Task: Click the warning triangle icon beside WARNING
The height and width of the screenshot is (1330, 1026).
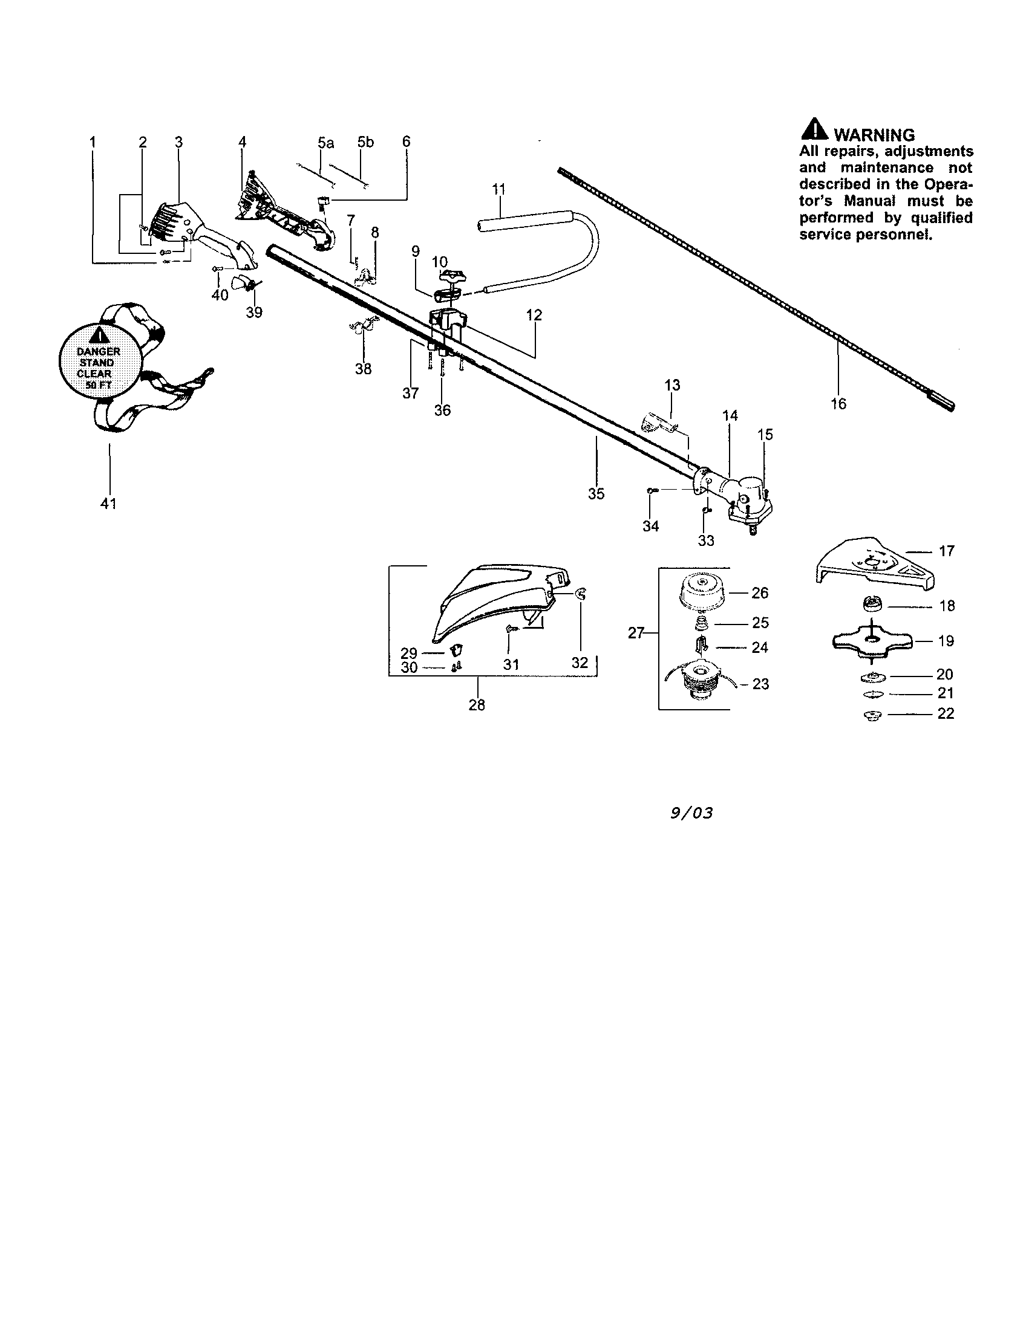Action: [x=814, y=131]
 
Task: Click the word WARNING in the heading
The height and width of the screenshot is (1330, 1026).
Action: [x=874, y=135]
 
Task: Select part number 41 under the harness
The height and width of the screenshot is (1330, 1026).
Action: [x=108, y=504]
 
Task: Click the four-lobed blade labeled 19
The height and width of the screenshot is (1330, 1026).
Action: [x=872, y=641]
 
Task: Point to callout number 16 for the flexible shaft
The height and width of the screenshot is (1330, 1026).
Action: [x=838, y=404]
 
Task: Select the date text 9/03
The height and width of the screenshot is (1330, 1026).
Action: [x=691, y=813]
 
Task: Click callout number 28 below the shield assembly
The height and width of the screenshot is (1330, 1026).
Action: [x=477, y=704]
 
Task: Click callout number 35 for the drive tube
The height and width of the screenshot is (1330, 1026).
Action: [x=596, y=494]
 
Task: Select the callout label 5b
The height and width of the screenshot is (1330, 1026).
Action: [x=365, y=143]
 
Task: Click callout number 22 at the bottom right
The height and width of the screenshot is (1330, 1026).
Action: [x=945, y=714]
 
